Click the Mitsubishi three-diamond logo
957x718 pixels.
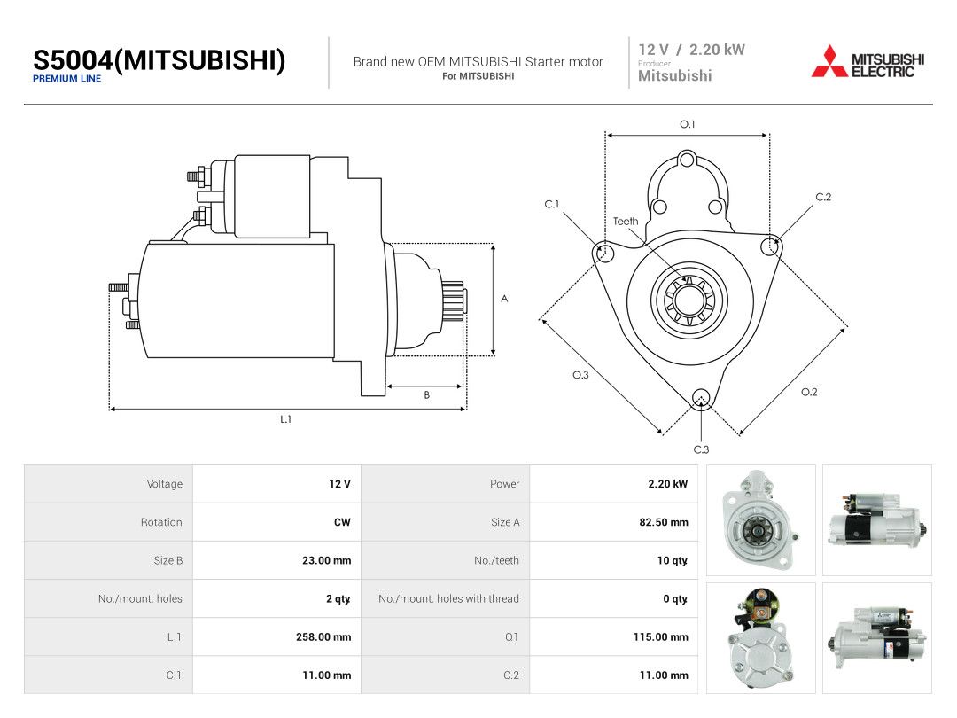coord(829,61)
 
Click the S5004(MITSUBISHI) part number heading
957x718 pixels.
coord(159,60)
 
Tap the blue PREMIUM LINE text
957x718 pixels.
coord(67,79)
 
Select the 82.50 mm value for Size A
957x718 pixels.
coord(664,522)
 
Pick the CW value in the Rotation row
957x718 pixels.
coord(342,522)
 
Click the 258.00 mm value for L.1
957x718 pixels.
coord(323,636)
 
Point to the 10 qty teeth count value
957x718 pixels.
coord(672,560)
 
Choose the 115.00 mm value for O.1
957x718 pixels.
coord(661,636)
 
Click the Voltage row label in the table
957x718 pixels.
coord(165,484)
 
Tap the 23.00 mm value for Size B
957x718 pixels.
coord(326,560)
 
